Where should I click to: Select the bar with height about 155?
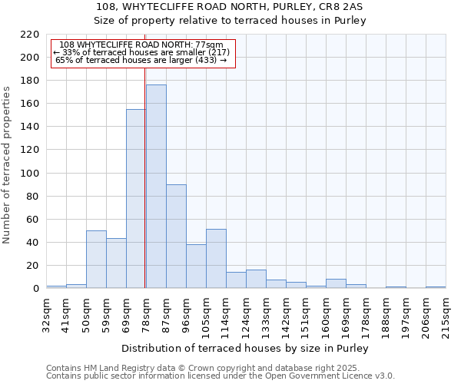[x=136, y=199]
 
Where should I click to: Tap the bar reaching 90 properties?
[x=176, y=237]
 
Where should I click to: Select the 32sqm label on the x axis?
[x=45, y=313]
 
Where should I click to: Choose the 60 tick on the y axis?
[x=33, y=220]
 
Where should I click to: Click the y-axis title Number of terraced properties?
[x=8, y=164]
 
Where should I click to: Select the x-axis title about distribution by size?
[x=245, y=349]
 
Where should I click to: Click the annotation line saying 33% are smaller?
[x=141, y=52]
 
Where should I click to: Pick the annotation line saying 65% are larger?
[x=141, y=60]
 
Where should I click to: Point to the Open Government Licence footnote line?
[x=221, y=376]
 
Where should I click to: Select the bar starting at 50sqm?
[x=96, y=260]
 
